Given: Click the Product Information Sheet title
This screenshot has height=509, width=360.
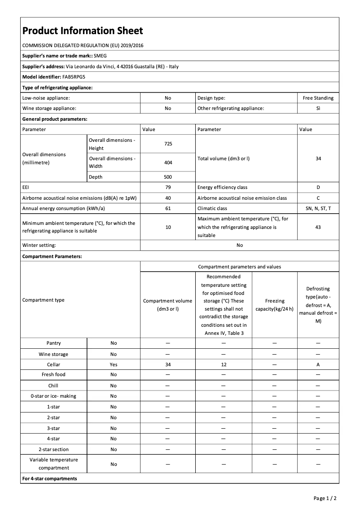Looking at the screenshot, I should coord(83,31).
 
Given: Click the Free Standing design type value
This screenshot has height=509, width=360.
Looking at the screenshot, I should coord(318,98).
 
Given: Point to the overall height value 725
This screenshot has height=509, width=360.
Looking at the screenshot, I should coord(168,144).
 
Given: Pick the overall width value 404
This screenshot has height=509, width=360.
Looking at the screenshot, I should coord(168,162).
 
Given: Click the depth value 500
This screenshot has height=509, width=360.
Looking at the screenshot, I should coord(168,177).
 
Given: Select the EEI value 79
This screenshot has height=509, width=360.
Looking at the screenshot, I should coord(168,187).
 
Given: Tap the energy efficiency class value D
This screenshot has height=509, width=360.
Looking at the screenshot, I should coord(318,187).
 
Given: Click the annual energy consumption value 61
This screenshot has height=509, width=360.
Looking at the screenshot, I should coord(168,208).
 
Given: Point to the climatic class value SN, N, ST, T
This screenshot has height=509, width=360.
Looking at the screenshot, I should coord(318,208).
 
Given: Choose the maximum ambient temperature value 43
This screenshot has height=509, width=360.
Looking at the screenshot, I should coord(318,227).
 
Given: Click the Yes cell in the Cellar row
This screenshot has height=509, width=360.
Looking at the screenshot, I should coord(114,365).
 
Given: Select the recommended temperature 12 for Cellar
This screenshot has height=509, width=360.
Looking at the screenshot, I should coord(223,365).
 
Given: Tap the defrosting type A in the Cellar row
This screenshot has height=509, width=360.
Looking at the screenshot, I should coord(318,365).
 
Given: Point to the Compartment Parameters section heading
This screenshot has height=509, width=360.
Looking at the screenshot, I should coord(52,256).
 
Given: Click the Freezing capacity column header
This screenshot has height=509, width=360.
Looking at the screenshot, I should coord(274,305).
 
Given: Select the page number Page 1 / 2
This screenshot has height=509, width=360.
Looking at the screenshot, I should coord(325,498).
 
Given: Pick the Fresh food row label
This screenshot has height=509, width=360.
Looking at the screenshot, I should coord(53,374).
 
